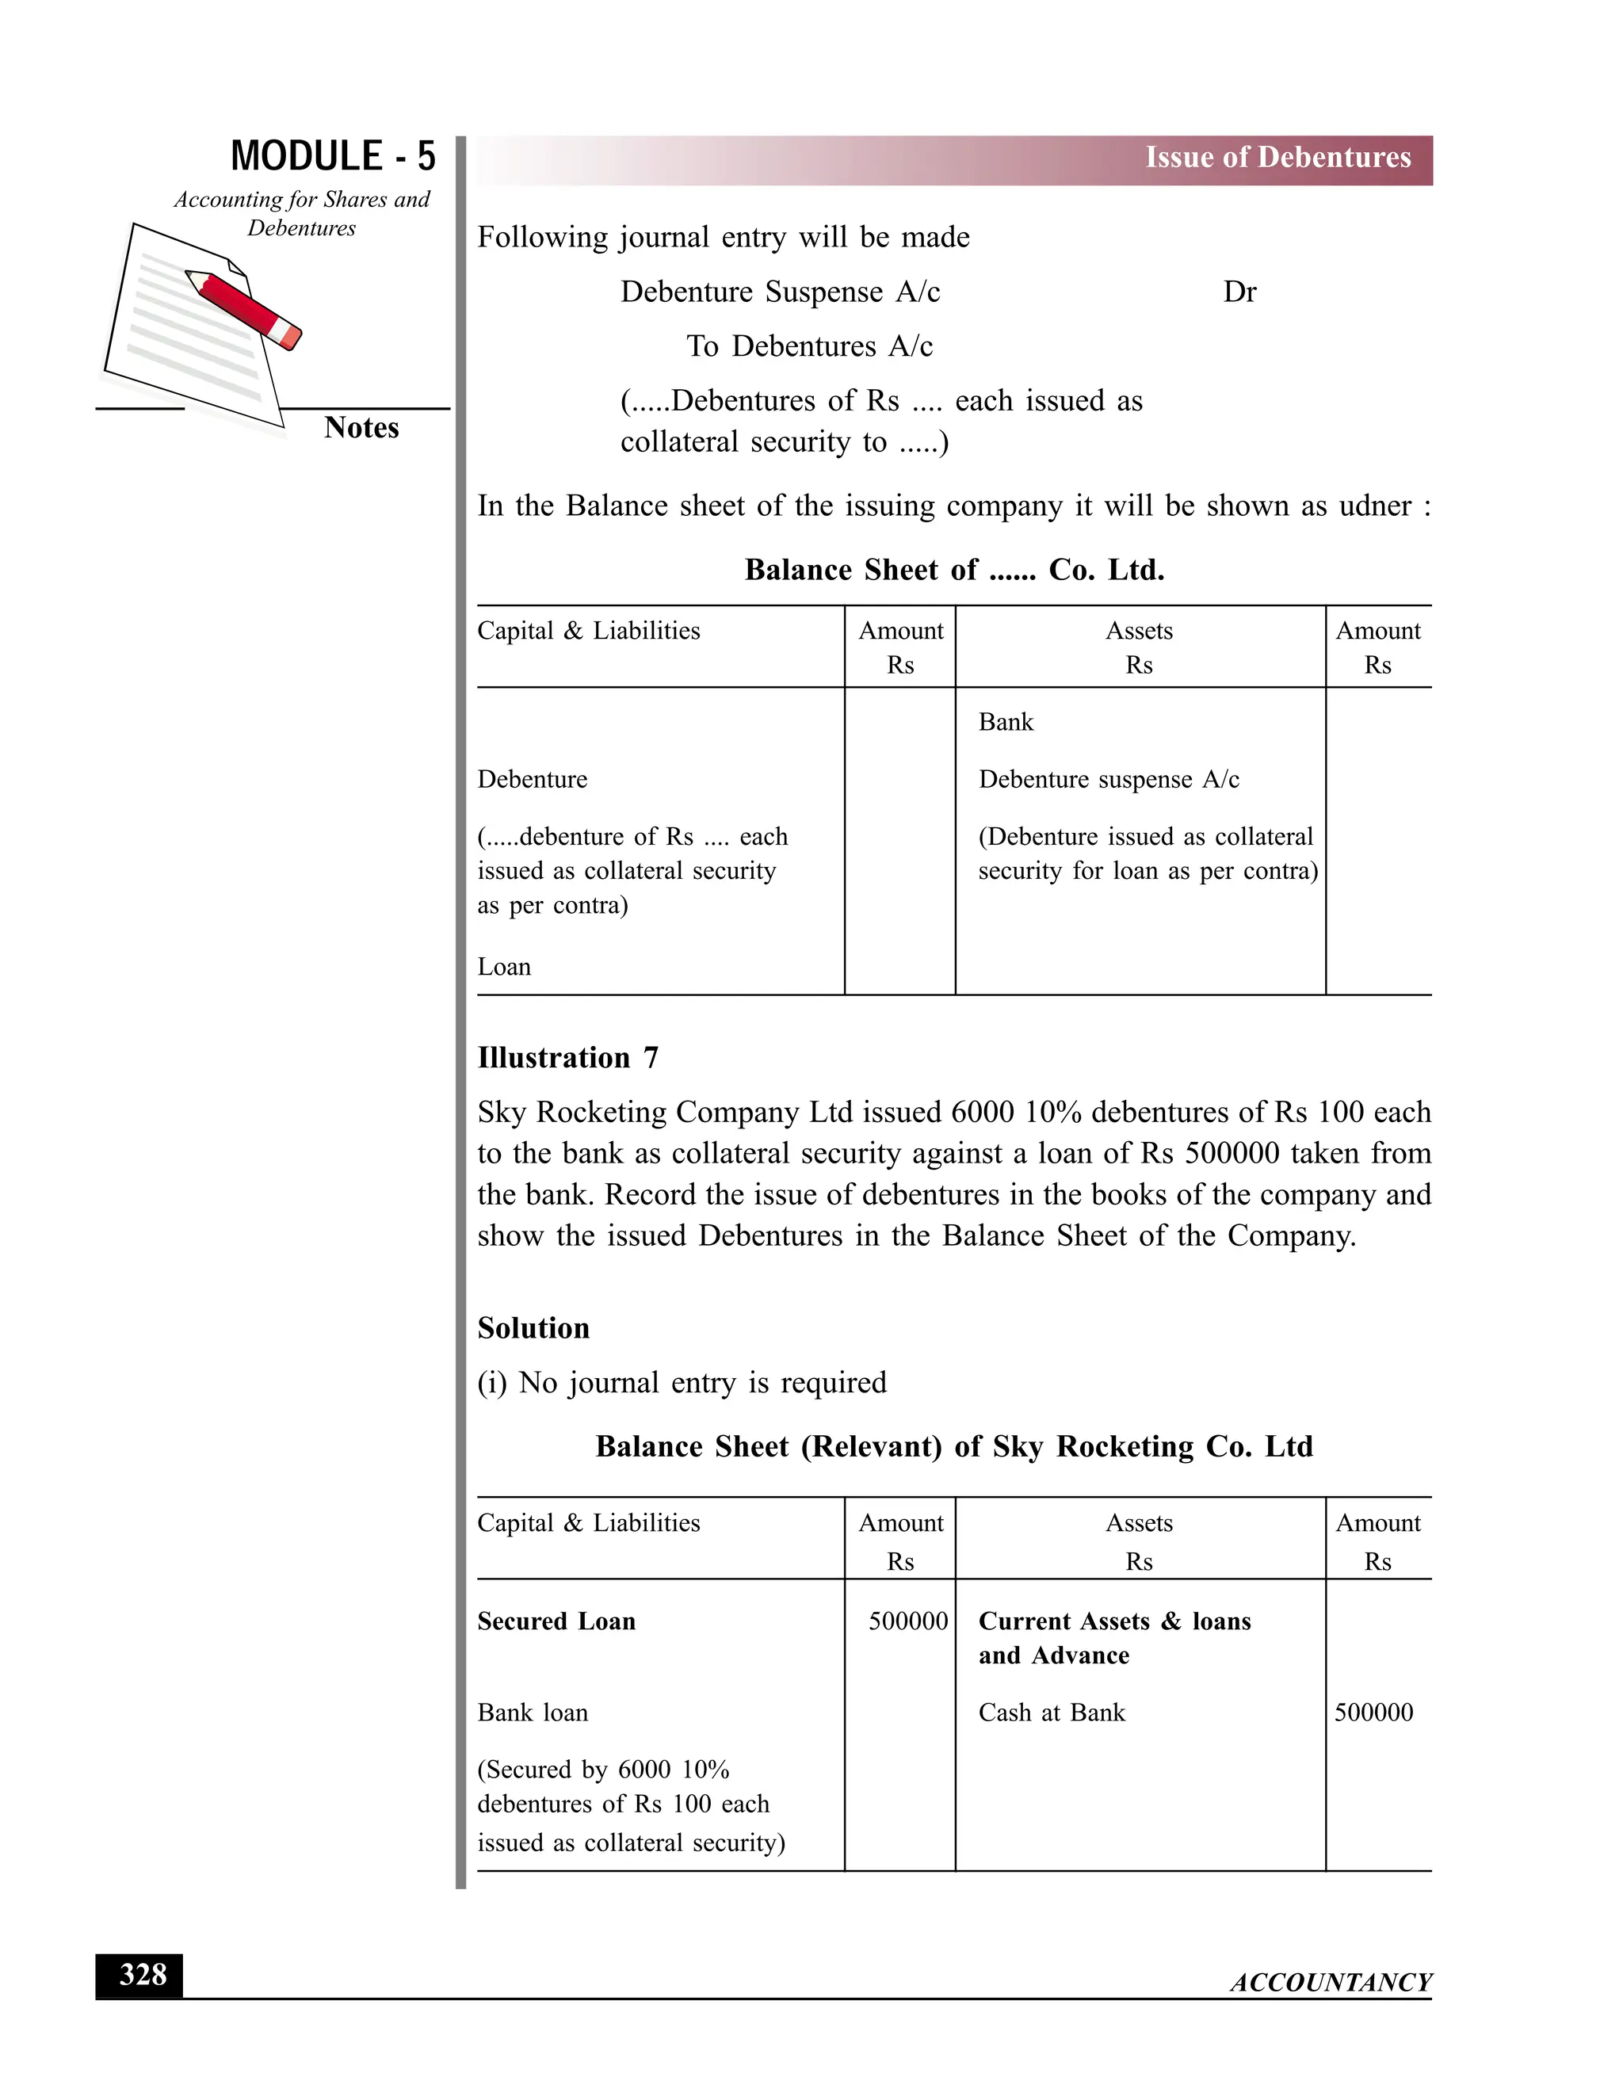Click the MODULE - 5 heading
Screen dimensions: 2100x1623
pos(333,156)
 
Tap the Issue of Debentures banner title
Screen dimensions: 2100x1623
pos(1277,158)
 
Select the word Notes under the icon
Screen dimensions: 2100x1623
pos(361,428)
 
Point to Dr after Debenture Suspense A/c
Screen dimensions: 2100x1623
pos(1239,292)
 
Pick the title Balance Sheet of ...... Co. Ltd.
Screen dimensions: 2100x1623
pos(954,571)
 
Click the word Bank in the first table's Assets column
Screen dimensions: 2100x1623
pos(1005,722)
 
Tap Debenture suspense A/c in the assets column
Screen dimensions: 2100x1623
pos(1108,780)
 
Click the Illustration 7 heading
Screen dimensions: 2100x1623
pos(567,1058)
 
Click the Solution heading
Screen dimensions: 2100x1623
pos(533,1329)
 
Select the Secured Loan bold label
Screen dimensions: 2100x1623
pos(556,1622)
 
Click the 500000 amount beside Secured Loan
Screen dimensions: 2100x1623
pos(907,1622)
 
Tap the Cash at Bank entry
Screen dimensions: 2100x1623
pos(1051,1713)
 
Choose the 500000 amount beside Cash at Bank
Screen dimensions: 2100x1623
pos(1373,1713)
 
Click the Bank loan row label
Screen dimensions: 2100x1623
pos(532,1713)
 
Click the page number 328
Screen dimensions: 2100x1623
pos(143,1975)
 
